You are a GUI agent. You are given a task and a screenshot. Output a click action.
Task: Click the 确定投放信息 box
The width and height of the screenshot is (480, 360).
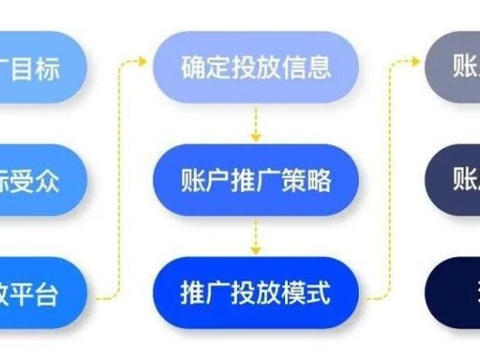pos(256,67)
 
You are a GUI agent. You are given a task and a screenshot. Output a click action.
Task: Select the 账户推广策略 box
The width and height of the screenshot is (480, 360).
pos(256,180)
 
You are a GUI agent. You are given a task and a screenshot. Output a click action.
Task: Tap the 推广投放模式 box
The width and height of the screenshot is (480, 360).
pos(256,293)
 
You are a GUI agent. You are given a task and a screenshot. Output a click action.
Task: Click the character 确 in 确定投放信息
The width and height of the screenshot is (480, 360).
pos(192,67)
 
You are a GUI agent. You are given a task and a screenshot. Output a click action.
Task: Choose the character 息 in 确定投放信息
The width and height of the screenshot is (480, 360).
pos(320,67)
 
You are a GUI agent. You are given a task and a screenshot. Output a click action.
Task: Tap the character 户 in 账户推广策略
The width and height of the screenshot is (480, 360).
pos(218,180)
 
